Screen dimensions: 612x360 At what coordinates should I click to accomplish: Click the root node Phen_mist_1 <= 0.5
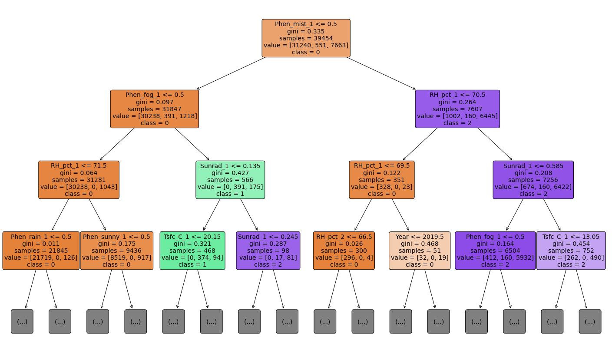[306, 38]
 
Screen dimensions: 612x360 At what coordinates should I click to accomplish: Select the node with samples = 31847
[155, 109]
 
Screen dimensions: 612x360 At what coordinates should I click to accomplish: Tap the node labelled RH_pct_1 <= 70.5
[457, 109]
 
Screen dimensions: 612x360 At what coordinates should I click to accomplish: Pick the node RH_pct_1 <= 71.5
[79, 180]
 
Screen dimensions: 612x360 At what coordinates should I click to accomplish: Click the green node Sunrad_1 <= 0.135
[230, 180]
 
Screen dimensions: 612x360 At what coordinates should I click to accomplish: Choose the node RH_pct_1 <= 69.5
[382, 180]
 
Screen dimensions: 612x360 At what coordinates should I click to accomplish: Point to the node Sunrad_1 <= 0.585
[533, 180]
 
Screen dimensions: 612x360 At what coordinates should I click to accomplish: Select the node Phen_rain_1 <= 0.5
[41, 251]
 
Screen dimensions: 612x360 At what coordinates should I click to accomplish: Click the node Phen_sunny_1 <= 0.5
[116, 251]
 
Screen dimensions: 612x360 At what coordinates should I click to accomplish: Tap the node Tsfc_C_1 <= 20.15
[192, 251]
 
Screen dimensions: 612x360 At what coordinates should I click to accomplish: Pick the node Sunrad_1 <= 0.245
[268, 251]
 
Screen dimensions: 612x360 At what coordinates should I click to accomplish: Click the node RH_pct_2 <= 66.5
[344, 251]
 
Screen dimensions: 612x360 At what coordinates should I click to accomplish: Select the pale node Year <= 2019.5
[420, 251]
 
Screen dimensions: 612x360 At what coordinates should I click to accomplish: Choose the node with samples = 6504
[495, 251]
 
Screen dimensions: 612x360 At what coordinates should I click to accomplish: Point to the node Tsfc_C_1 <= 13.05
[571, 251]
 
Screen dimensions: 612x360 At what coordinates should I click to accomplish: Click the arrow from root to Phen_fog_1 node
[230, 73]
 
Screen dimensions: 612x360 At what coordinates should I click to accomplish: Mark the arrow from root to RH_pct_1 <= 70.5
[382, 73]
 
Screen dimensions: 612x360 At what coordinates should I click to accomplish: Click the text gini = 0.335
[306, 31]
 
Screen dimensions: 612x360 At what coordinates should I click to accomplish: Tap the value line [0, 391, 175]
[230, 187]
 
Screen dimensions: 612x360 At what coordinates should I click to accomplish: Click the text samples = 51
[420, 251]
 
